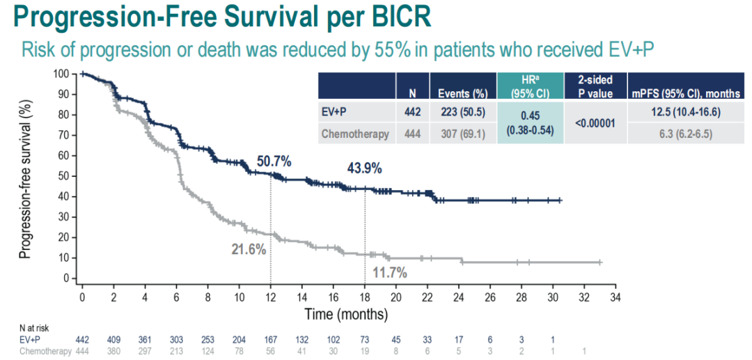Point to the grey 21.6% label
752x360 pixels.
[x=249, y=249]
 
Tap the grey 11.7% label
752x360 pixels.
[x=388, y=272]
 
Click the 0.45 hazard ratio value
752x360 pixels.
[x=530, y=116]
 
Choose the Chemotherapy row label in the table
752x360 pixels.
[x=354, y=134]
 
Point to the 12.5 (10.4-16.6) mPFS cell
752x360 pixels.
[x=686, y=111]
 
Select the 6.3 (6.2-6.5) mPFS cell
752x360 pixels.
[x=686, y=134]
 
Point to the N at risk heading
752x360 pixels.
[x=34, y=328]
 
